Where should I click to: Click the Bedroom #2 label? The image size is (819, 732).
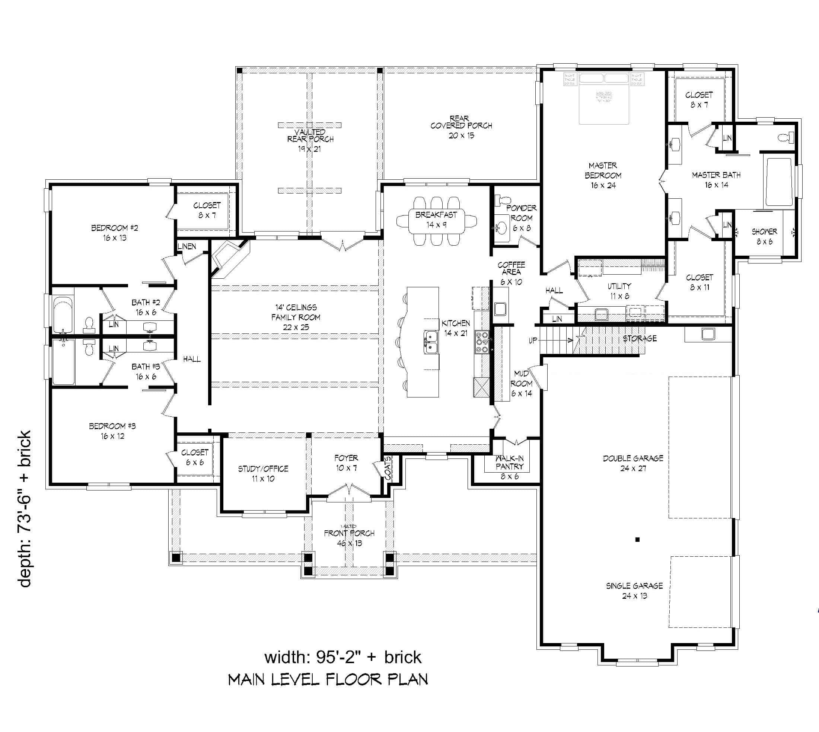(x=115, y=228)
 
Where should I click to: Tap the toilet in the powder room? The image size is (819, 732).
(x=503, y=200)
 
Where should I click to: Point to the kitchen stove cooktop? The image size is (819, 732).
(x=482, y=342)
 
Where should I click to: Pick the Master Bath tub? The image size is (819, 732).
(x=780, y=182)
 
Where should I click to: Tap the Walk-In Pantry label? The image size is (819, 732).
(x=509, y=463)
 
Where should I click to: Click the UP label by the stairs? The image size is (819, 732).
(x=533, y=341)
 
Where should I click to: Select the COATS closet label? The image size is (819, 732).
(x=388, y=468)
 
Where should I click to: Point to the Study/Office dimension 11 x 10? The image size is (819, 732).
(x=263, y=479)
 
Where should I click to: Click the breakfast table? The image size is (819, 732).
(x=436, y=220)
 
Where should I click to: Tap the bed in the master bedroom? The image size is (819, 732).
(x=603, y=99)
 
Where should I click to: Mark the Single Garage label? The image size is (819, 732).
(x=634, y=586)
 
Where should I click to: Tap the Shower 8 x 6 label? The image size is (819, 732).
(x=764, y=236)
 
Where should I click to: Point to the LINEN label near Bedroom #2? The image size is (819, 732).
(x=187, y=246)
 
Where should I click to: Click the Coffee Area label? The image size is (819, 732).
(x=511, y=268)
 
